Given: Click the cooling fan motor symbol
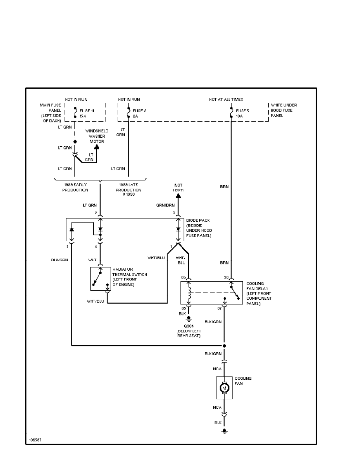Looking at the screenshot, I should (x=224, y=388).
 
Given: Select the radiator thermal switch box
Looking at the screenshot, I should (x=101, y=279).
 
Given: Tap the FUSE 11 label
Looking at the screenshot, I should (x=86, y=111).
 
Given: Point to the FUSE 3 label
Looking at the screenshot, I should (x=140, y=111).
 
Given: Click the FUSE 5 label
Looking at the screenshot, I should (x=242, y=111).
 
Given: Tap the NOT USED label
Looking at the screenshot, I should (x=178, y=187).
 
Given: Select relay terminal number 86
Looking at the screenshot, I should (x=183, y=277).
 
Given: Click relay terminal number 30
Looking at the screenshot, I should (x=226, y=277).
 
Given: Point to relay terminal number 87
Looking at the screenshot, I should (x=220, y=308).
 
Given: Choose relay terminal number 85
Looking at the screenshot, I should (x=183, y=308).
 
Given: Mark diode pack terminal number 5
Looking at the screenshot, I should (x=67, y=246).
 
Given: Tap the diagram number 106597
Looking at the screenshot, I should (x=35, y=440).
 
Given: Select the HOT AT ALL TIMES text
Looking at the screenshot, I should (x=226, y=100).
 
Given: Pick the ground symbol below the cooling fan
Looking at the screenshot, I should (x=224, y=431).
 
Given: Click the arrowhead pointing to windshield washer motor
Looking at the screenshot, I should (x=97, y=147).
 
